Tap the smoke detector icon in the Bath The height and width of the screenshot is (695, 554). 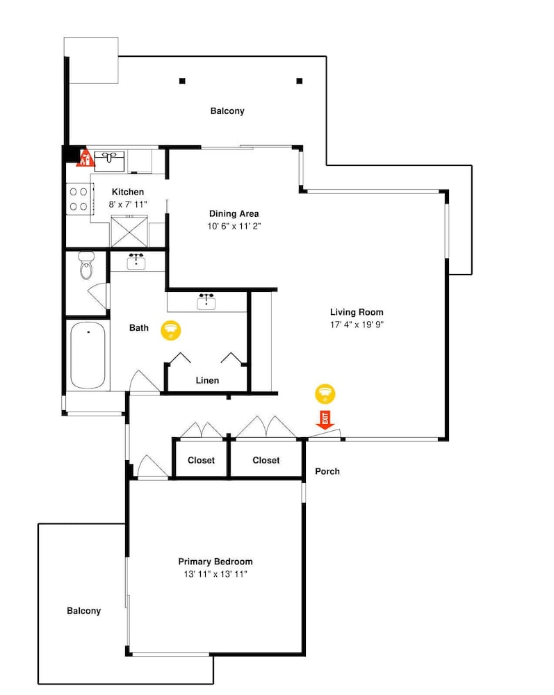tap(170, 330)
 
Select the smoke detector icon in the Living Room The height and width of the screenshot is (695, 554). tap(325, 393)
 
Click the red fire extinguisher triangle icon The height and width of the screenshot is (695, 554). tap(85, 158)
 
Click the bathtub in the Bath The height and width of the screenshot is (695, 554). tap(88, 355)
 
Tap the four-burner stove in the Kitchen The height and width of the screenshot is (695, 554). tap(80, 199)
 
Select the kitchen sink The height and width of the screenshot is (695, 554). tap(109, 161)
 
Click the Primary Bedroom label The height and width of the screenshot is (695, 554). tap(215, 562)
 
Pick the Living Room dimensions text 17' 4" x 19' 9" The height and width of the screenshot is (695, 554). tap(357, 325)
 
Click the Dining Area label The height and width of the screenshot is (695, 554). tap(234, 213)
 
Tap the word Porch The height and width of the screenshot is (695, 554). tap(327, 471)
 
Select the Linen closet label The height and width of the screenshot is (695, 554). tap(207, 380)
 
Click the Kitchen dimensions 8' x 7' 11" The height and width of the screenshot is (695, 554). tap(128, 204)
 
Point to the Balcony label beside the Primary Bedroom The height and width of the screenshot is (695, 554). tap(84, 611)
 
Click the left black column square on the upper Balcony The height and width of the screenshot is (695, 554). tap(182, 81)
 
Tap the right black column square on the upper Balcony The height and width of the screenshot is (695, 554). tap(300, 81)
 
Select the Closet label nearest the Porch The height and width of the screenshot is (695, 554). tap(266, 460)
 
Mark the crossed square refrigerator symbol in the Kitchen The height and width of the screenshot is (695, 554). tap(129, 231)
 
